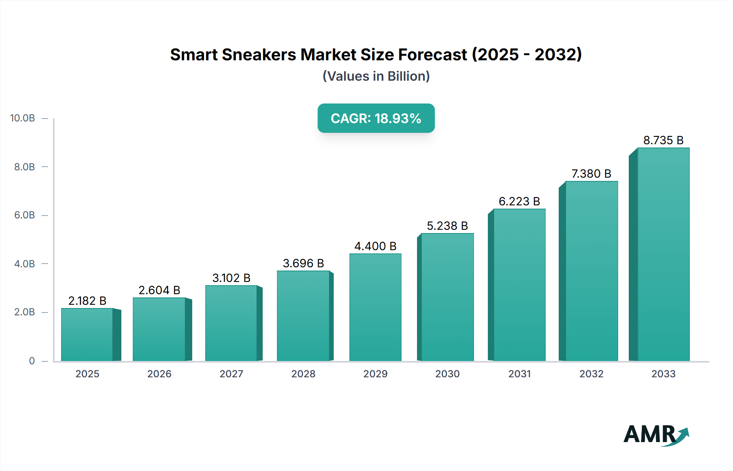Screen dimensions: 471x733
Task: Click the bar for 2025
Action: (87, 335)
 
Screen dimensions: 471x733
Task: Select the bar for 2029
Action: (375, 307)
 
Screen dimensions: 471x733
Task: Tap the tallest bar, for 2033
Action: (663, 254)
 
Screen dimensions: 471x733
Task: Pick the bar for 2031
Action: (519, 285)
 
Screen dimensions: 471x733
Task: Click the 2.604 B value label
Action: (159, 290)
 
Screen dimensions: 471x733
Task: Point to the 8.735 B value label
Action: (663, 140)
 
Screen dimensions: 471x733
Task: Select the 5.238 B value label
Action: (447, 226)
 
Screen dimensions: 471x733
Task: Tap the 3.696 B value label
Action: (303, 263)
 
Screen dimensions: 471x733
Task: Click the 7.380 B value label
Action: (591, 174)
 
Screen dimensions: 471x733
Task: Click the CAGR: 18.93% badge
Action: (376, 118)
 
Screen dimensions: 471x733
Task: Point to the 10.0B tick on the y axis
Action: (22, 118)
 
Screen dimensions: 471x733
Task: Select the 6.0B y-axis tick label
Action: (24, 215)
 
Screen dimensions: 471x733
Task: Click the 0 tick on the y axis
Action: (32, 361)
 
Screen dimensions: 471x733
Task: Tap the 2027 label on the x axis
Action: (231, 374)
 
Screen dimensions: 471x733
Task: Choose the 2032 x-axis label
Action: (591, 374)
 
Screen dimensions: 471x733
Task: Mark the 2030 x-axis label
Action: (447, 374)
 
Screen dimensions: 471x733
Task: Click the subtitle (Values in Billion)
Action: (376, 76)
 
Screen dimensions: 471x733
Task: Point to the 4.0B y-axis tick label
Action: (24, 264)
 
